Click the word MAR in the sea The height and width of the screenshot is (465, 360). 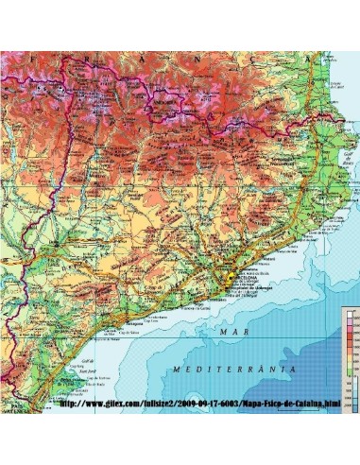226,332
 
